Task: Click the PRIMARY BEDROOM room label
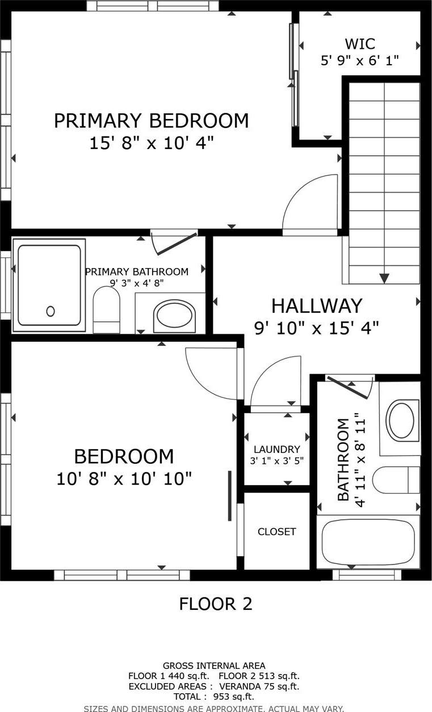click(x=151, y=121)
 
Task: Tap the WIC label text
click(x=360, y=44)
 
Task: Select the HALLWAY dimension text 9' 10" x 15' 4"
click(x=316, y=328)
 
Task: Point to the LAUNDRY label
click(x=276, y=449)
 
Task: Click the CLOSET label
click(x=276, y=532)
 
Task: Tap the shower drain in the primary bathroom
click(x=51, y=311)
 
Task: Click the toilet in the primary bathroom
click(x=106, y=310)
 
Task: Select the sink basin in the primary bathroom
click(x=174, y=316)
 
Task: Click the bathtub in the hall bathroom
click(x=368, y=542)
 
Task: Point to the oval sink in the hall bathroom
click(x=402, y=420)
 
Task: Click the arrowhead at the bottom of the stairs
click(x=384, y=278)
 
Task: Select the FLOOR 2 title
click(x=216, y=604)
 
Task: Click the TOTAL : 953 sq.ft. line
click(x=214, y=697)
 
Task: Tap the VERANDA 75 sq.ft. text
click(x=259, y=686)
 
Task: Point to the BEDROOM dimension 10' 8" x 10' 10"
click(x=124, y=478)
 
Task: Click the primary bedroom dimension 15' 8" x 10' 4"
click(x=151, y=143)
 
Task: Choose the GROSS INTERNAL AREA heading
click(x=214, y=666)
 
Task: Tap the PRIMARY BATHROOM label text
click(x=137, y=272)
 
